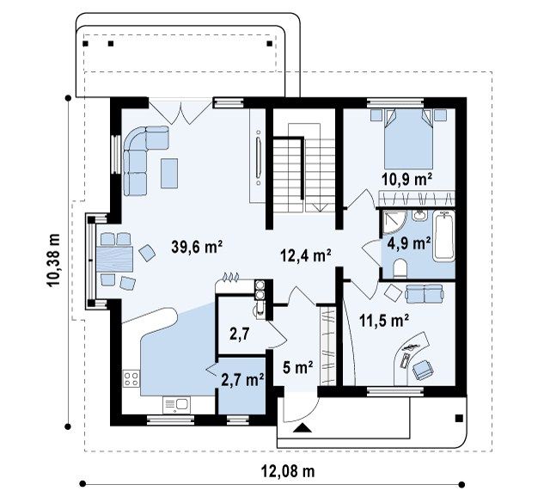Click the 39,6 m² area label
pyautogui.click(x=197, y=247)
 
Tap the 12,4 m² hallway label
pyautogui.click(x=306, y=255)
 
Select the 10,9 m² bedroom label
pyautogui.click(x=406, y=180)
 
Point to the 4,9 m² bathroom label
pyautogui.click(x=409, y=242)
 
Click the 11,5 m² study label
pyautogui.click(x=384, y=321)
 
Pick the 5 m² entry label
pyautogui.click(x=298, y=368)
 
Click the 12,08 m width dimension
pyautogui.click(x=288, y=471)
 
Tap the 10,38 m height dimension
pyautogui.click(x=53, y=261)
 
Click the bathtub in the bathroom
pyautogui.click(x=443, y=236)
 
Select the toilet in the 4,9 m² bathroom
pyautogui.click(x=400, y=268)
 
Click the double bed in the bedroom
pyautogui.click(x=409, y=139)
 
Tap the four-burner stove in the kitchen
pyautogui.click(x=131, y=378)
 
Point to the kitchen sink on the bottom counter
pyautogui.click(x=176, y=405)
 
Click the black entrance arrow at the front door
pyautogui.click(x=302, y=428)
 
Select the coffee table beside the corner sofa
pyautogui.click(x=169, y=173)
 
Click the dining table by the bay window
pyautogui.click(x=114, y=259)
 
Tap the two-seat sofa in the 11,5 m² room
pyautogui.click(x=425, y=293)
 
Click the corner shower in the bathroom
pyautogui.click(x=394, y=222)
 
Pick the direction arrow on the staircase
pyautogui.click(x=321, y=207)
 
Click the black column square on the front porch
pyautogui.click(x=459, y=418)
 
